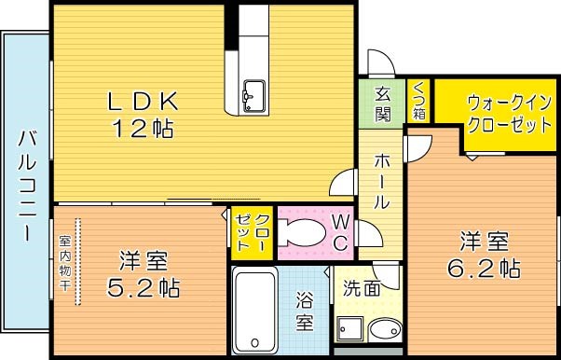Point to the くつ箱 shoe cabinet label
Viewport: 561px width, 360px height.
click(418, 101)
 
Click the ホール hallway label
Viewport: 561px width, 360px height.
click(382, 181)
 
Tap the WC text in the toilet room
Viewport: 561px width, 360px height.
click(340, 232)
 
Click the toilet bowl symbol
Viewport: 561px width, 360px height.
click(300, 234)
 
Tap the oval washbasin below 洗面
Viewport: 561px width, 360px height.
click(384, 331)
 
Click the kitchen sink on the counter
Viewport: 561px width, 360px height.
click(253, 93)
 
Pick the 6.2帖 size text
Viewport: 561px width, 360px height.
click(483, 269)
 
